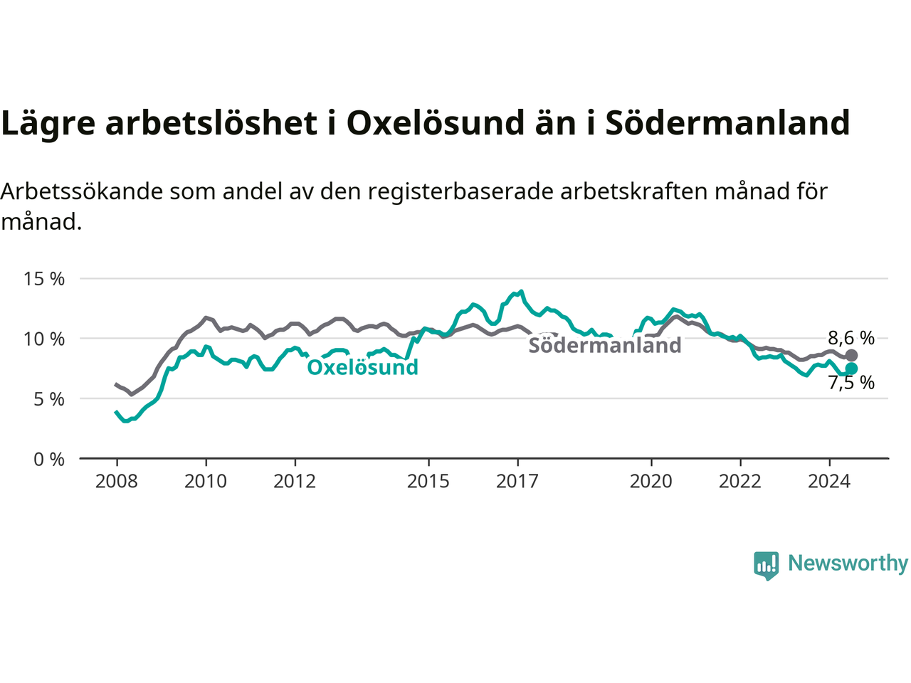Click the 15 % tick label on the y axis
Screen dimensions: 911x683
coord(44,279)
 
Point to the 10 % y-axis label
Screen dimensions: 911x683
coord(44,339)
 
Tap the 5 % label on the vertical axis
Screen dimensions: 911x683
coord(49,399)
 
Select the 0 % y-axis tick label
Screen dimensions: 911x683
coord(49,460)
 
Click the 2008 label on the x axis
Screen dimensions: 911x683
coord(117,482)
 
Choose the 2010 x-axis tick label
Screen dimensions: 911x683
coord(206,482)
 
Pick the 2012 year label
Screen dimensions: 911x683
coord(295,482)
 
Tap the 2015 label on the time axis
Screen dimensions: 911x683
coord(428,482)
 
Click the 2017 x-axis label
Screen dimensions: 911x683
coord(517,482)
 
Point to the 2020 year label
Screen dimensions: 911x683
coord(651,482)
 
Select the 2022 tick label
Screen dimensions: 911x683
coord(740,482)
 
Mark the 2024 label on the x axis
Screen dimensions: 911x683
coord(830,482)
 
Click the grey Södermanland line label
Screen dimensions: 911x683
coord(605,345)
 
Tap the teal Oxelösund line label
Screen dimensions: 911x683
coord(363,367)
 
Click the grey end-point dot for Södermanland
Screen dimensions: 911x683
coord(851,356)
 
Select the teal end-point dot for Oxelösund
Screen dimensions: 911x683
coord(851,369)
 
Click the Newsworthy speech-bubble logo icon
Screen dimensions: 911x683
coord(766,566)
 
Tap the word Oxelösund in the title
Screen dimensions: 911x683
coord(436,123)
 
